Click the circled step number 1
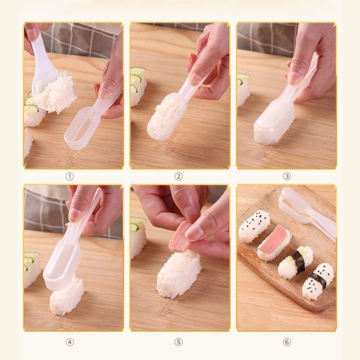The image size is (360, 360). coord(70,176)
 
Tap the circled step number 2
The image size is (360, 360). coord(179,176)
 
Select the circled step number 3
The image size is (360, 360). coord(287,176)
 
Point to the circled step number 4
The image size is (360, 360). coord(70,342)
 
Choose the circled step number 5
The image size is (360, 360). coord(179,342)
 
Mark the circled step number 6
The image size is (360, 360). coord(287,342)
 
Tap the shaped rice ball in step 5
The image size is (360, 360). coord(178,273)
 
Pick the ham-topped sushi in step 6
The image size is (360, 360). coord(274,243)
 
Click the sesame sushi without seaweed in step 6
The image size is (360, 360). coord(254,226)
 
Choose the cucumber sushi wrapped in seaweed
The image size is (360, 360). coord(295,262)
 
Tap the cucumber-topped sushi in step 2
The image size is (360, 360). coord(138,86)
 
